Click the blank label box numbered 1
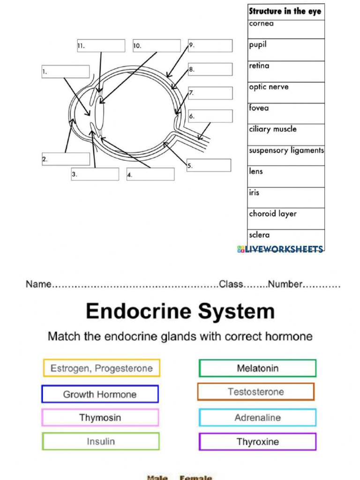[x=66, y=72]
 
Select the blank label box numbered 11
[x=101, y=46]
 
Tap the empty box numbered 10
[x=157, y=46]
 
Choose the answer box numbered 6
[x=210, y=116]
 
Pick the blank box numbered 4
[x=150, y=174]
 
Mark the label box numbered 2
[x=66, y=159]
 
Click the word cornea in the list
[x=262, y=23]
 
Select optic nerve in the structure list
[x=269, y=87]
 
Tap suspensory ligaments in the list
[x=286, y=150]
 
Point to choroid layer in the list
[x=273, y=214]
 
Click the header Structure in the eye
[x=286, y=11]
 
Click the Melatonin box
[x=257, y=368]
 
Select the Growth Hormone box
[x=100, y=394]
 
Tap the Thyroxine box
[x=257, y=442]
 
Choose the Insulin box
[x=101, y=442]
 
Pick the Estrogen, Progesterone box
[x=101, y=368]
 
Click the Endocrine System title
[x=180, y=311]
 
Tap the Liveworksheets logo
[x=280, y=249]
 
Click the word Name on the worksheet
[x=38, y=284]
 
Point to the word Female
[x=196, y=477]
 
